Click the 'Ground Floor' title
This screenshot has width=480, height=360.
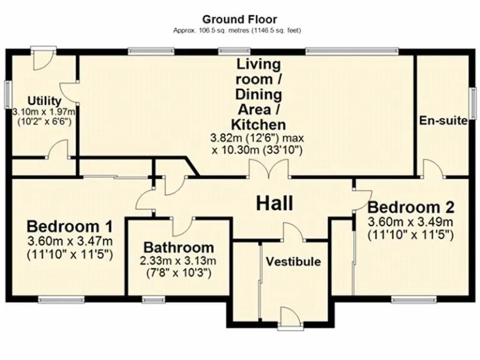(239, 20)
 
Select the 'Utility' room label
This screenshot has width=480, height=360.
(44, 101)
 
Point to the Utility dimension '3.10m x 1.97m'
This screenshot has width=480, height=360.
(44, 111)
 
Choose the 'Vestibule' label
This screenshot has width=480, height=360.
(293, 261)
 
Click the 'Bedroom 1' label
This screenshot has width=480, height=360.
(70, 226)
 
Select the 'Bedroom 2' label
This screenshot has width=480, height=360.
(411, 207)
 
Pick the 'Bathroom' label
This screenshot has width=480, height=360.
(178, 247)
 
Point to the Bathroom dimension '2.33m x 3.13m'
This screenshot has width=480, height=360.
(178, 261)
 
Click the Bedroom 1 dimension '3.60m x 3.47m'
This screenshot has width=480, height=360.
(70, 241)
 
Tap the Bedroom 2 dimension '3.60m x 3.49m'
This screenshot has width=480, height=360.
(411, 222)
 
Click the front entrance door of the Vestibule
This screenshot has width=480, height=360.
(289, 319)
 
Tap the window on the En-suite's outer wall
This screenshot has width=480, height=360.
(472, 101)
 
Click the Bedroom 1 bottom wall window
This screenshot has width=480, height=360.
(61, 299)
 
